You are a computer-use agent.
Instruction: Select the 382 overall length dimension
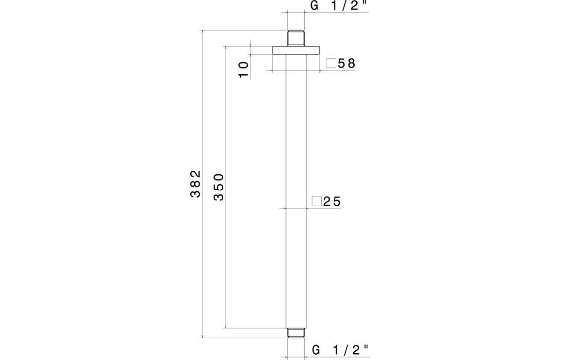coord(195,183)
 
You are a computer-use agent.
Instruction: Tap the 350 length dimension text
coord(219,187)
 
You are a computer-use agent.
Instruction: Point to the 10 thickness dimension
coord(244,69)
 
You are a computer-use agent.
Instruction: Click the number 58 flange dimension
coord(347,64)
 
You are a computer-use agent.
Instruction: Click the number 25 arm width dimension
coord(332,201)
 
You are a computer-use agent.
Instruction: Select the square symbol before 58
coord(331,64)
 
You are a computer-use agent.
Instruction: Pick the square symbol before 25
coord(317,201)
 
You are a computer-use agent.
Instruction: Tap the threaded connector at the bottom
coord(296,333)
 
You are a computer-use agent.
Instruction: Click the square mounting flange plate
coord(296,50)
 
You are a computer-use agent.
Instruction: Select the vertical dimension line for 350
coord(226,267)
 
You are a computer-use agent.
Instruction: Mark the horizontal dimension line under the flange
coord(296,71)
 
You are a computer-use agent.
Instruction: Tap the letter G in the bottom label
coord(316,350)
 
